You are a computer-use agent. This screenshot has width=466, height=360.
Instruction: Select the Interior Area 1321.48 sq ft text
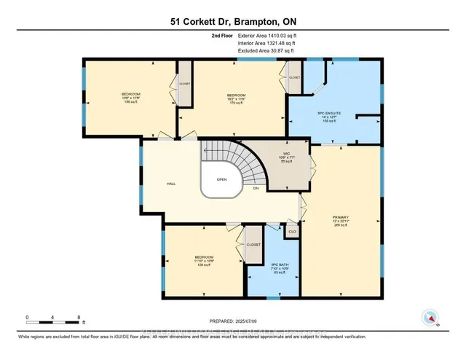pyautogui.click(x=269, y=42)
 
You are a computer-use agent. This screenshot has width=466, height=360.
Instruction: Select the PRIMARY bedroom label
pyautogui.click(x=341, y=219)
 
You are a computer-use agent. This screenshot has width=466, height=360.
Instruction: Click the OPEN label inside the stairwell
pyautogui.click(x=221, y=179)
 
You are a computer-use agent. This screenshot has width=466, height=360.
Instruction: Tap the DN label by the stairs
pyautogui.click(x=256, y=189)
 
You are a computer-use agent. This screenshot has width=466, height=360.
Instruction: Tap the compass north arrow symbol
pyautogui.click(x=431, y=318)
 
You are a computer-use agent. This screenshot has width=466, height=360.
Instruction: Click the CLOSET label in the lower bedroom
pyautogui.click(x=253, y=245)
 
